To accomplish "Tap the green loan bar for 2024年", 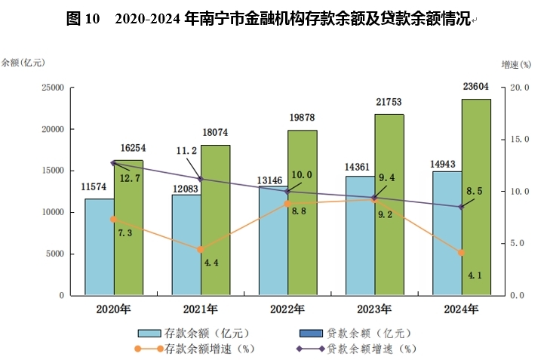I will tap(476, 196).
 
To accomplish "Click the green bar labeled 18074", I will tap(215, 219).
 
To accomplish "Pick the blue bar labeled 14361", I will tap(360, 235).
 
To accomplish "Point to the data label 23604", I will tap(476, 87).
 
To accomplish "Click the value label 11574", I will tap(97, 186).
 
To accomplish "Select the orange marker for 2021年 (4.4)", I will tap(201, 250).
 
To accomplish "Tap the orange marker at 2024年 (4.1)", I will tap(462, 253).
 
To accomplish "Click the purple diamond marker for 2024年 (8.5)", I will tap(462, 207).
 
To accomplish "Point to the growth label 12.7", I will tap(131, 178).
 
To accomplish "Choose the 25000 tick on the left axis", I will tap(52, 88).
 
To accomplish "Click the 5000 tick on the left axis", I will tap(55, 254).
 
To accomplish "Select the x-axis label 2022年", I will tap(287, 309).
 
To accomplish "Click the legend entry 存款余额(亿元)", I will tap(193, 332).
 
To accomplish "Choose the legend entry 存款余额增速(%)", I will tap(193, 349).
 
